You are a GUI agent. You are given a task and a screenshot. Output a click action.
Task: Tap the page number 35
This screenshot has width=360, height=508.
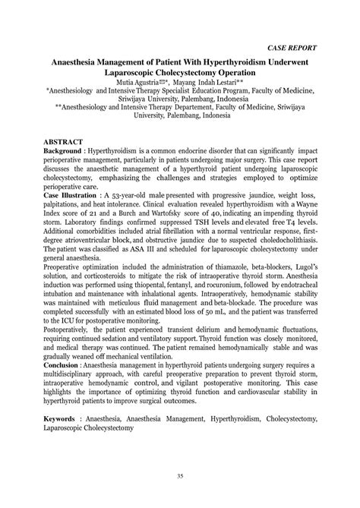179,476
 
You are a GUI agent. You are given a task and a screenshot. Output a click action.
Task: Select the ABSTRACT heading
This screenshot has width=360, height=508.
66,142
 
